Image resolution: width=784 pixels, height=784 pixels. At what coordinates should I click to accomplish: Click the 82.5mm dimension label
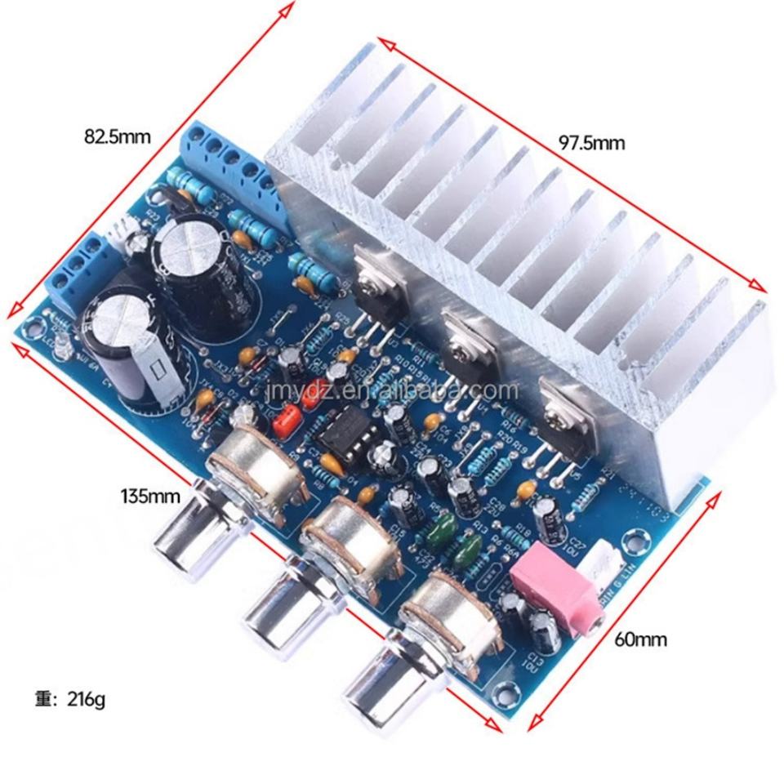point(118,136)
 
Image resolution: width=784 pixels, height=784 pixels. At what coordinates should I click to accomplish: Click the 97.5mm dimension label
point(592,143)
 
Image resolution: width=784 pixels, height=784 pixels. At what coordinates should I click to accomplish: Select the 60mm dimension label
point(639,639)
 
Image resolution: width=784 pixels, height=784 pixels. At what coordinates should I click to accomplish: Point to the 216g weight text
point(70,699)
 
